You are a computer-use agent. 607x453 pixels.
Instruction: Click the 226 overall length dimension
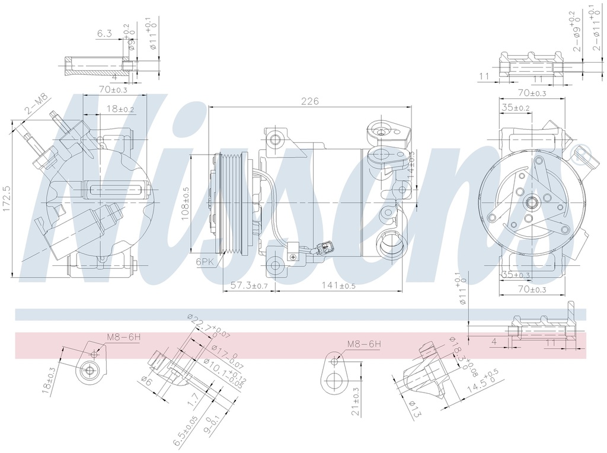pyautogui.click(x=310, y=101)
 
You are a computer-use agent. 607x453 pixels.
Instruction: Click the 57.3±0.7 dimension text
pyautogui.click(x=249, y=285)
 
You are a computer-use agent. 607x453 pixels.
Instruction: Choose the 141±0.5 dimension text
pyautogui.click(x=338, y=285)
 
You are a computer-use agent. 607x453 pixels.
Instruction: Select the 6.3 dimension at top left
pyautogui.click(x=104, y=34)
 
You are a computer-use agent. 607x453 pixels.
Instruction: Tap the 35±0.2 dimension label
pyautogui.click(x=515, y=107)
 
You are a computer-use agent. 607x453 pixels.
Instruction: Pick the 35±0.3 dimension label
pyautogui.click(x=515, y=274)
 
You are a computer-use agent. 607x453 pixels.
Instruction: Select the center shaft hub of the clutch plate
pyautogui.click(x=532, y=203)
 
